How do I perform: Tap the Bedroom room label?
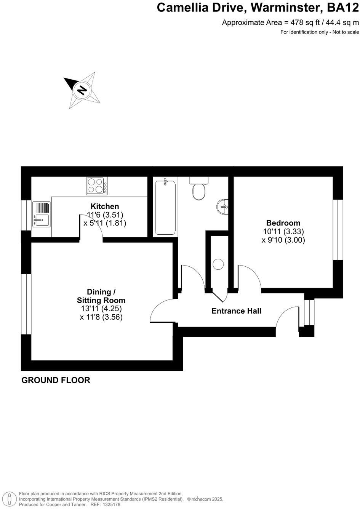pyautogui.click(x=283, y=223)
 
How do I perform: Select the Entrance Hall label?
pyautogui.click(x=236, y=311)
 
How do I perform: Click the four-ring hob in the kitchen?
pyautogui.click(x=97, y=186)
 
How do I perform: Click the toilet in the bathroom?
pyautogui.click(x=199, y=189)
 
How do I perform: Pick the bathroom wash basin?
pyautogui.click(x=223, y=207)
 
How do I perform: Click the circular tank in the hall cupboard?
pyautogui.click(x=219, y=264)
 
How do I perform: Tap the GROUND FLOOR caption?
pyautogui.click(x=56, y=380)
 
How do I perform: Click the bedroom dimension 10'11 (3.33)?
pyautogui.click(x=283, y=232)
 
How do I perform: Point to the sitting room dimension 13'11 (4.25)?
pyautogui.click(x=101, y=309)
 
